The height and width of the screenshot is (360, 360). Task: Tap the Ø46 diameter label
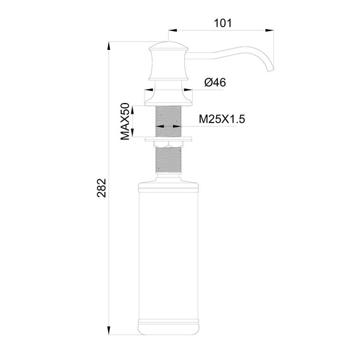[x=216, y=83]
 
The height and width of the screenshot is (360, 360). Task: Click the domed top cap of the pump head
[x=168, y=47]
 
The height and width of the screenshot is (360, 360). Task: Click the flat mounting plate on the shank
[x=168, y=137]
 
